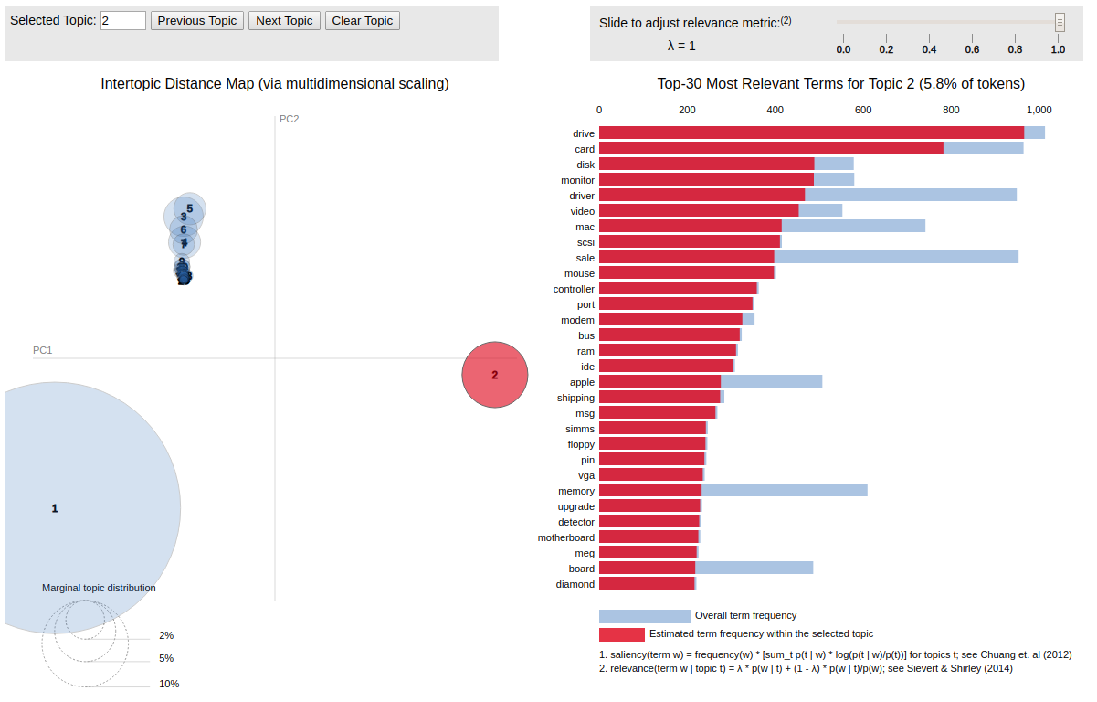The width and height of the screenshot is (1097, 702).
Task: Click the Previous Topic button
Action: [x=197, y=20]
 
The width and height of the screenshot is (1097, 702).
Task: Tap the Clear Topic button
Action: [x=362, y=20]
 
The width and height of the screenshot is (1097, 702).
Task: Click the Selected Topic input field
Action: [x=123, y=20]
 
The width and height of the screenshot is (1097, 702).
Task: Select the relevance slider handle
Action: [x=1060, y=22]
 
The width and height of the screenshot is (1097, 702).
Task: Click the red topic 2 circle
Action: [x=495, y=375]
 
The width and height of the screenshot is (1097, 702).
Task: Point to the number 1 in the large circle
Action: [x=55, y=508]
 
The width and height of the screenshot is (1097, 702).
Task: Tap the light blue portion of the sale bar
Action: [x=895, y=258]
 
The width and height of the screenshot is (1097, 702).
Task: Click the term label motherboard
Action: [x=566, y=537]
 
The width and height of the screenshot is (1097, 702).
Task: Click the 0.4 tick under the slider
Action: [x=929, y=49]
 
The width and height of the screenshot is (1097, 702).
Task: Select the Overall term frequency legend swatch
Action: [x=644, y=616]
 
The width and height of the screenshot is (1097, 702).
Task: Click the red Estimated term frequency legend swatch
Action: [x=621, y=634]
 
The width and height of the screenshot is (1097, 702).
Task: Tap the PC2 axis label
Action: [x=290, y=119]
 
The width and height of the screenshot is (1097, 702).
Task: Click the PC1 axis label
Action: [x=43, y=350]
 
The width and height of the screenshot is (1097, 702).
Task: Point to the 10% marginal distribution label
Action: [x=169, y=684]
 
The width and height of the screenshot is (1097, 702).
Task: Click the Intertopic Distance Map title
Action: [x=275, y=84]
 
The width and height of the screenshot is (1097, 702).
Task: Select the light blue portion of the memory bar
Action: [x=784, y=491]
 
